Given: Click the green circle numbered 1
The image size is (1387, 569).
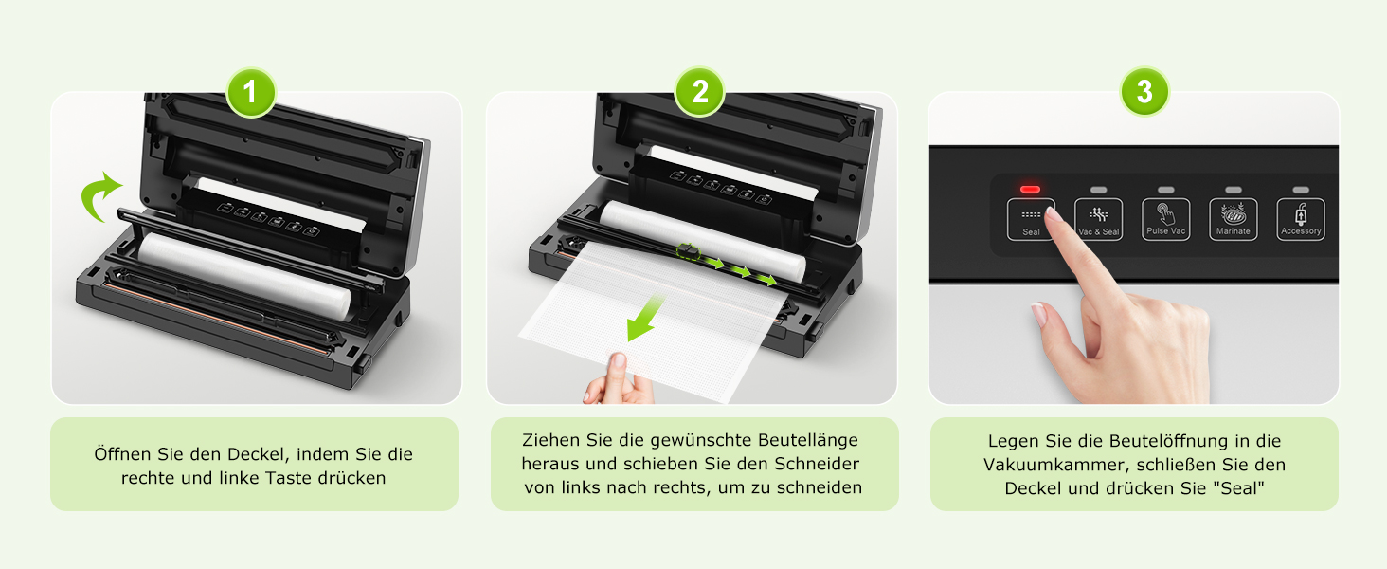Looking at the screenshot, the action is (250, 92).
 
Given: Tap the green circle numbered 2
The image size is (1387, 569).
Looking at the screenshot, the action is (700, 92).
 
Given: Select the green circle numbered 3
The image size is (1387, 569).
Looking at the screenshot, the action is (1144, 91).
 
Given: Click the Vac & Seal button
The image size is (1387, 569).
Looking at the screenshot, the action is (1098, 219).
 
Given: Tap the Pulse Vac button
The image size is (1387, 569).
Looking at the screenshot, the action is (1166, 219).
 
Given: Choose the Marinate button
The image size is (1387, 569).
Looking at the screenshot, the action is (1234, 219).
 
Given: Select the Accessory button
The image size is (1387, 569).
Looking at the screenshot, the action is (1301, 219).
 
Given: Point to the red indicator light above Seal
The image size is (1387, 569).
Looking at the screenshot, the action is (1031, 189).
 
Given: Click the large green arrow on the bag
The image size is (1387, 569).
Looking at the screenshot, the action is (645, 318).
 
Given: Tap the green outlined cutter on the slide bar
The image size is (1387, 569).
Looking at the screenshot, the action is (688, 251).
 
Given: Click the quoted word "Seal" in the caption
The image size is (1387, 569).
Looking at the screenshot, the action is (1239, 487).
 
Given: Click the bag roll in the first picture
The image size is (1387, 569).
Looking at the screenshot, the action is (244, 275).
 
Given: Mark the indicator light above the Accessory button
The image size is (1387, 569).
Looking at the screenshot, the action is (1301, 190).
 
